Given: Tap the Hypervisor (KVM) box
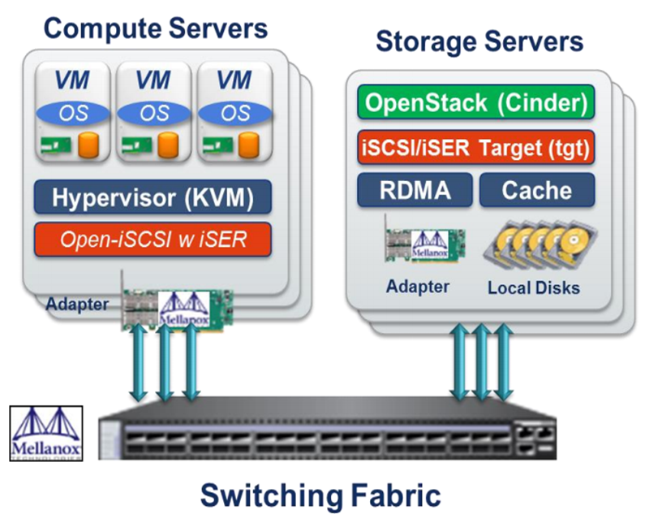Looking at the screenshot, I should (x=153, y=197).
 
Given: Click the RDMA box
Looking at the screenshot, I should (x=415, y=190).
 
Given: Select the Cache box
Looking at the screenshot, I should (x=536, y=190).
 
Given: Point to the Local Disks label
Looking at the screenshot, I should (x=534, y=287).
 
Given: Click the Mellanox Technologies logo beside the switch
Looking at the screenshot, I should (x=47, y=433).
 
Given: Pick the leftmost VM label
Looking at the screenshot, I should (x=71, y=80).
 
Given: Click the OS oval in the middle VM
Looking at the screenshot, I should (x=153, y=112).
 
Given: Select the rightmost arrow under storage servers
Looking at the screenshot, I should (x=504, y=361).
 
